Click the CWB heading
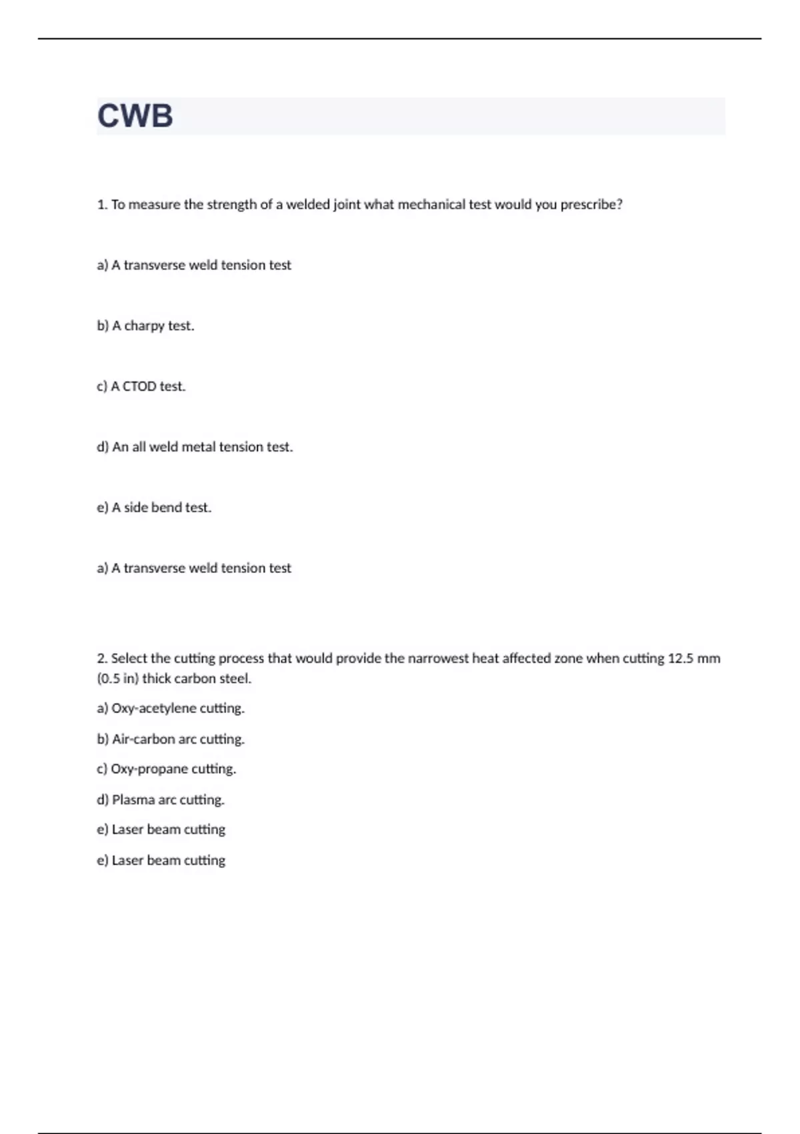point(135,116)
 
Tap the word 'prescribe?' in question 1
point(591,205)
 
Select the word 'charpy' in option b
point(144,326)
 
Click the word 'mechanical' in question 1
point(431,205)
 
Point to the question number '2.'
point(102,658)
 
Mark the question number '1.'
point(102,205)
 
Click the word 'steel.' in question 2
point(235,679)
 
